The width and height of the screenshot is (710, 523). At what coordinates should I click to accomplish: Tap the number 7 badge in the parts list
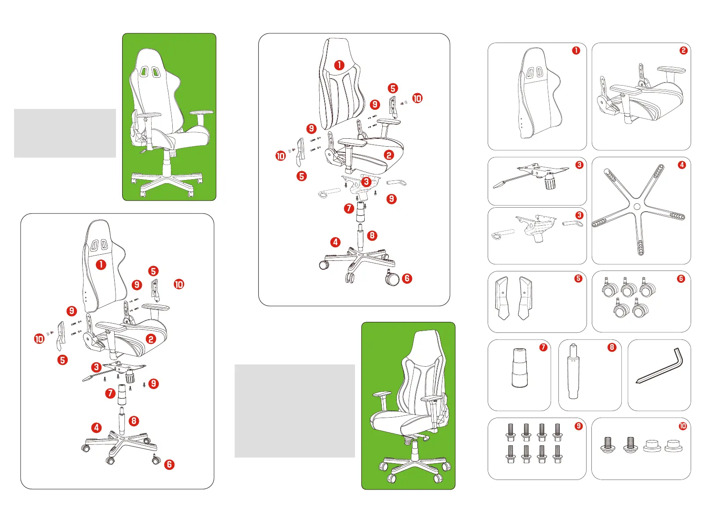click(543, 347)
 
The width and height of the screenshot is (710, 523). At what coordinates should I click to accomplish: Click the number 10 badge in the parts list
click(683, 426)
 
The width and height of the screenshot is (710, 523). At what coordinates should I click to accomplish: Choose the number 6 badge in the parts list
click(681, 279)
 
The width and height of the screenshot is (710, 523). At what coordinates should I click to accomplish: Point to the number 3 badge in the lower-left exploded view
click(96, 368)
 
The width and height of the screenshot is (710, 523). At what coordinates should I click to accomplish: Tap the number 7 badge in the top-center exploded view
click(349, 209)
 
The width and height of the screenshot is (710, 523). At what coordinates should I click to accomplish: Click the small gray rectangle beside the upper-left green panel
click(65, 133)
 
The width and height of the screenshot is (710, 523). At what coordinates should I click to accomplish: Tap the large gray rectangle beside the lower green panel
click(295, 411)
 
